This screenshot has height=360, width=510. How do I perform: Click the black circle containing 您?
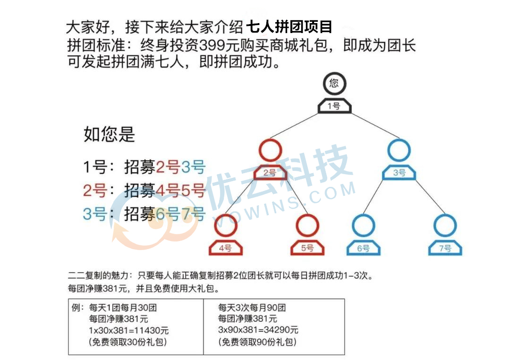334,74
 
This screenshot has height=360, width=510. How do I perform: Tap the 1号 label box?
334,106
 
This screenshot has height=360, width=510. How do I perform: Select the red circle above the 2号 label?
270,140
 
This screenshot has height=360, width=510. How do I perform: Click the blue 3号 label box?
399,173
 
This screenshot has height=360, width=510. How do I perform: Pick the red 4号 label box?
225,248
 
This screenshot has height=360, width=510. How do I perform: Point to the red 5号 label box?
307,248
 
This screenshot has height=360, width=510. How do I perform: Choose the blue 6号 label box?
363,248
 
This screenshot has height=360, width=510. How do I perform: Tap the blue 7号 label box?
445,248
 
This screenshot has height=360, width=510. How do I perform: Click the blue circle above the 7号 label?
445,216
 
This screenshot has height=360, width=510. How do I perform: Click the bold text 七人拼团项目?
289,26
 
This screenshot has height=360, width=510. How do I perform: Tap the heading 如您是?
109,134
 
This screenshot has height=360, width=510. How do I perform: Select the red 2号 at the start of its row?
95,190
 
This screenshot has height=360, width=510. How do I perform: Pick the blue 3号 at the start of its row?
95,214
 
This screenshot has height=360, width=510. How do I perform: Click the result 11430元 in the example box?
151,330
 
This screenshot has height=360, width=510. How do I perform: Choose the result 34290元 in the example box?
280,330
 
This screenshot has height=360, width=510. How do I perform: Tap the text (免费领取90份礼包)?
257,342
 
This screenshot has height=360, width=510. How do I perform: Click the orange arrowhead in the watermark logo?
118,234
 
